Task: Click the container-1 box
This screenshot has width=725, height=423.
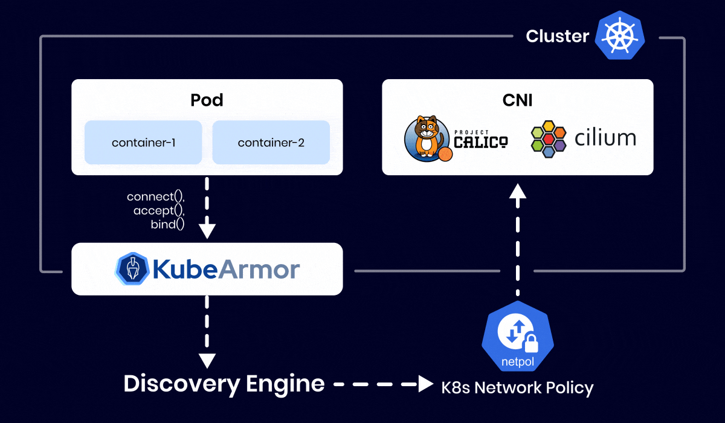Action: [143, 143]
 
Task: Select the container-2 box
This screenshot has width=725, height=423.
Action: [271, 143]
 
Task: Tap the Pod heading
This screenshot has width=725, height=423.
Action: [207, 100]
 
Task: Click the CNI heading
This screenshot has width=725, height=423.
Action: [518, 100]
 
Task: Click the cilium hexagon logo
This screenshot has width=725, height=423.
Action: [549, 139]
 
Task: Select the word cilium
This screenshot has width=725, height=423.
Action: [605, 138]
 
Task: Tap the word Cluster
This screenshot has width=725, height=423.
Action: [557, 36]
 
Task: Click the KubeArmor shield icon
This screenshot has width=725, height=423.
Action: [132, 269]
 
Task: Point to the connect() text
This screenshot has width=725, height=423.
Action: [155, 197]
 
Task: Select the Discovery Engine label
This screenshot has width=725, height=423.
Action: [224, 383]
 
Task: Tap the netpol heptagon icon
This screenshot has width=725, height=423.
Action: [518, 337]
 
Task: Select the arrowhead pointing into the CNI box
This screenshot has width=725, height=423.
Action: [518, 191]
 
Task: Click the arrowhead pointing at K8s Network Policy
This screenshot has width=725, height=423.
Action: [427, 384]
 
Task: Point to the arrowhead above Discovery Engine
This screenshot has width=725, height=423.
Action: [207, 361]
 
